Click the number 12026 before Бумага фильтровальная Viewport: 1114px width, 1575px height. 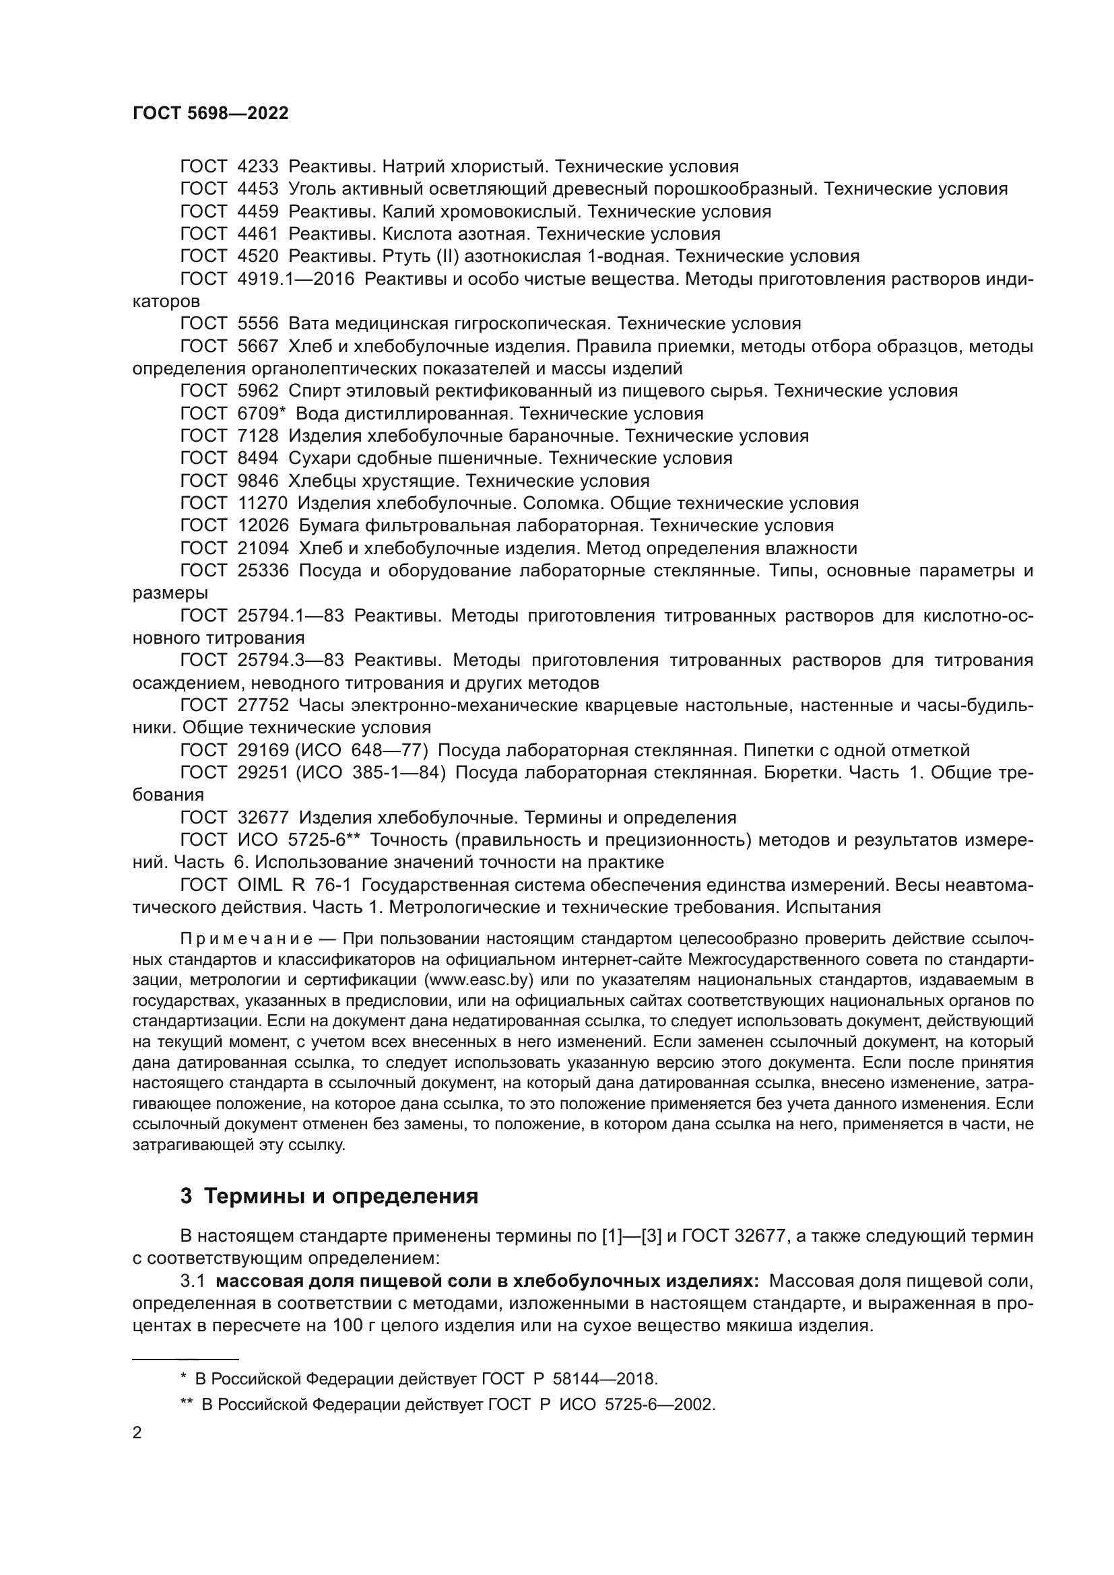point(263,526)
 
